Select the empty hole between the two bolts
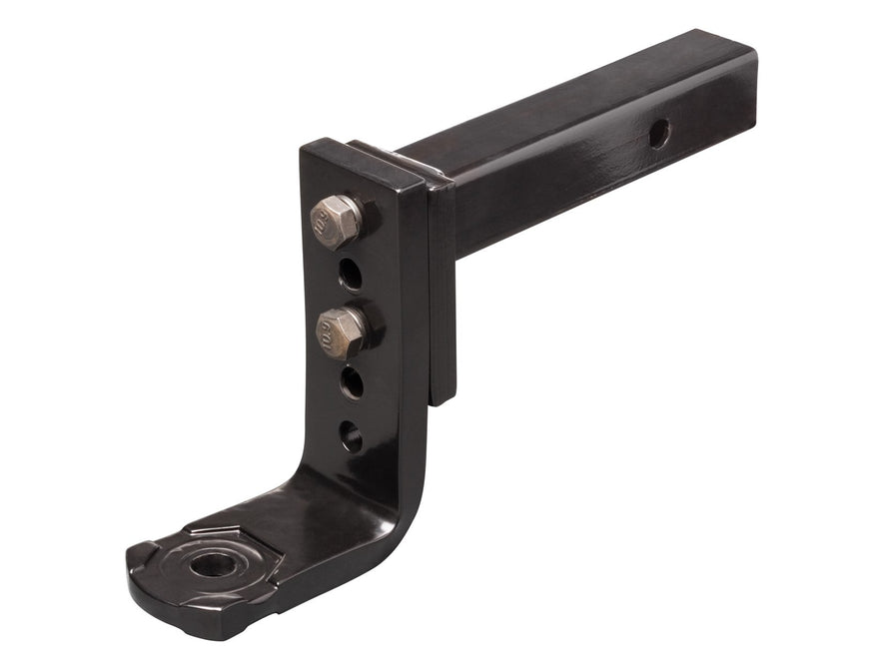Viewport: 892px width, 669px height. coord(350,272)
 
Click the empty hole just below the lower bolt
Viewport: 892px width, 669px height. coord(351,382)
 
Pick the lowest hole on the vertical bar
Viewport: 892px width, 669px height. coord(350,436)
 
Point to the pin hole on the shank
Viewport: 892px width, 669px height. coord(658,133)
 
